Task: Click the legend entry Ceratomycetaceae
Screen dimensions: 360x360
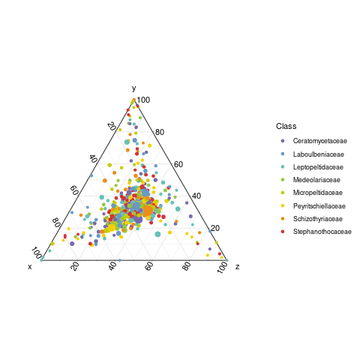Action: point(319,141)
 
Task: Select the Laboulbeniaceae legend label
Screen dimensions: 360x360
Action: point(318,154)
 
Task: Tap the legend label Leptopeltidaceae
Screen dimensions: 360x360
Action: point(318,167)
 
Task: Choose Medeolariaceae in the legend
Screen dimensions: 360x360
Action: point(316,180)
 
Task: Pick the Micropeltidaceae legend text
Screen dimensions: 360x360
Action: point(317,193)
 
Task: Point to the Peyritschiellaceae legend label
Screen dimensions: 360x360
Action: point(319,206)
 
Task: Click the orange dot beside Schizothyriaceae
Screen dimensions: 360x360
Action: point(283,219)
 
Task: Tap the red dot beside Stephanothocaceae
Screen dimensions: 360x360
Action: point(283,232)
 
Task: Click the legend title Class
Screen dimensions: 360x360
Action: point(286,126)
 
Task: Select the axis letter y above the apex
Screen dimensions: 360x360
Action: point(134,88)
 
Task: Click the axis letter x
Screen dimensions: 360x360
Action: point(30,267)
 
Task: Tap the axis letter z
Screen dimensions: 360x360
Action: point(237,267)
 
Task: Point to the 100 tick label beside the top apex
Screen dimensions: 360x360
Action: point(143,100)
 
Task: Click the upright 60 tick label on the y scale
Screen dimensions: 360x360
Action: point(178,164)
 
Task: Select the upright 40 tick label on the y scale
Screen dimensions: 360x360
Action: point(196,196)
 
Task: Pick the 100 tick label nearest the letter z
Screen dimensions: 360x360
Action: point(222,268)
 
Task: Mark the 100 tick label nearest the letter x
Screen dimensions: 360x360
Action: point(37,253)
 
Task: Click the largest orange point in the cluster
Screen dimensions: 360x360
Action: point(148,211)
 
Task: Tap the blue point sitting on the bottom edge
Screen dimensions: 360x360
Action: point(119,260)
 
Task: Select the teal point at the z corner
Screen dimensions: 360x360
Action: point(226,260)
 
